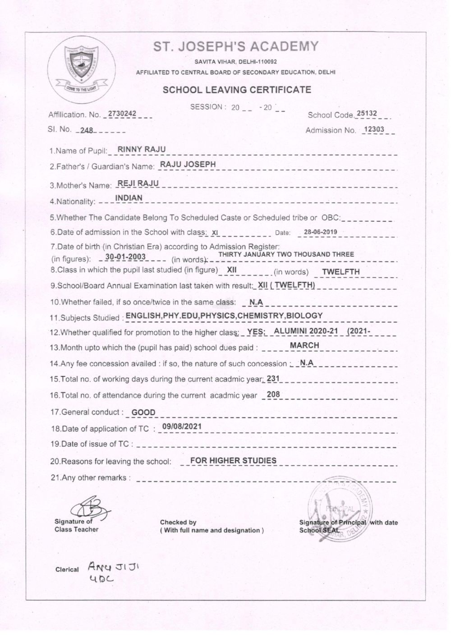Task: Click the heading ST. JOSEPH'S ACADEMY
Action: tap(236, 46)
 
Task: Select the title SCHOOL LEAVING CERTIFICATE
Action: tap(237, 89)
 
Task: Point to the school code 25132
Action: tap(366, 113)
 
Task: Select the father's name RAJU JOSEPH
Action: tap(188, 165)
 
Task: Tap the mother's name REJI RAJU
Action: tap(138, 183)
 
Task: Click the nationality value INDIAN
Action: tap(129, 198)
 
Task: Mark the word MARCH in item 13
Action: tap(304, 345)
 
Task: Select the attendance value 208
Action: tap(273, 394)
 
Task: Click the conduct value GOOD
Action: tap(143, 412)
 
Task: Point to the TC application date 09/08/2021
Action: tap(182, 426)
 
